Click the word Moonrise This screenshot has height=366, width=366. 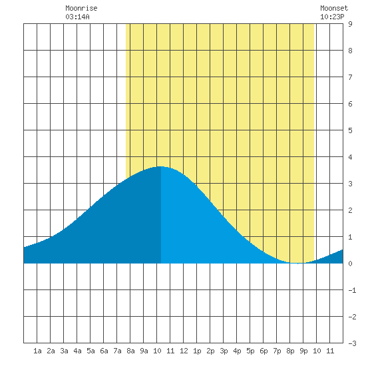[x=81, y=8]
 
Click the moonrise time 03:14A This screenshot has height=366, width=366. [x=77, y=17]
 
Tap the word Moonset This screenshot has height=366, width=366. [x=334, y=8]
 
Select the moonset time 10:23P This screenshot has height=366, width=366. [x=332, y=17]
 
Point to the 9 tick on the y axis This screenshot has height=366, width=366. [x=350, y=24]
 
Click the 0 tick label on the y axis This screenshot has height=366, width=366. [x=350, y=264]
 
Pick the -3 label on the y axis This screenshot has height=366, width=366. [x=352, y=343]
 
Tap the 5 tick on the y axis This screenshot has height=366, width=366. [x=350, y=130]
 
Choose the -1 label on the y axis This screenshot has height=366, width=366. [x=352, y=290]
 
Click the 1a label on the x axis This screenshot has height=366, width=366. [x=37, y=351]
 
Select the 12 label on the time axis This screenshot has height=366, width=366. [x=184, y=351]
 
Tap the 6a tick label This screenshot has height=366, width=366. [x=104, y=351]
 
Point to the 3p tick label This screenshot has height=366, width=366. [x=224, y=351]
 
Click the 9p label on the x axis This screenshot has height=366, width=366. [x=303, y=351]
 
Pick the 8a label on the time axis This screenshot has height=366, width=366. [x=130, y=351]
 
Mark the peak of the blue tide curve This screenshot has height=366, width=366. [x=161, y=166]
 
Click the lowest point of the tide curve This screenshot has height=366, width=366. [x=297, y=263]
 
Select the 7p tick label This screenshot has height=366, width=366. [x=277, y=351]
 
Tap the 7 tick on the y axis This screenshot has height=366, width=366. [x=350, y=77]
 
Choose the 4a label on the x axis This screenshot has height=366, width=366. [x=77, y=351]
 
